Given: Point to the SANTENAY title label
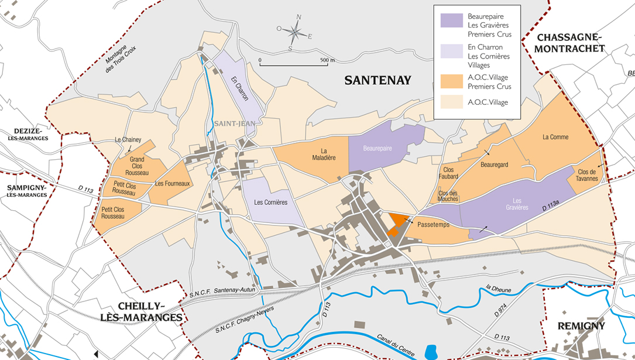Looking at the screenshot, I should (378, 81).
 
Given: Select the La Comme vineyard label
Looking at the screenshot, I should (555, 138).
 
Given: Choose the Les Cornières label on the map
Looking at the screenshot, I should (271, 203).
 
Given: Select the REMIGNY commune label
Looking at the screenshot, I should (581, 326).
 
